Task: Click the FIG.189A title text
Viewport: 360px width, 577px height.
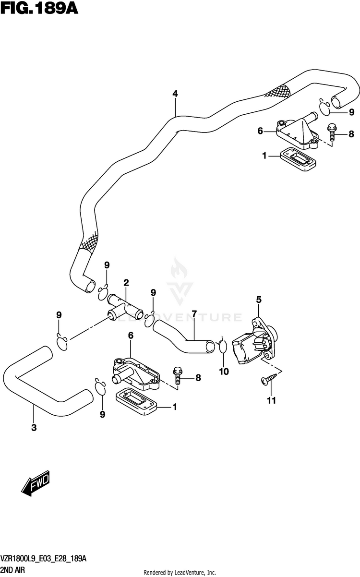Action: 39,9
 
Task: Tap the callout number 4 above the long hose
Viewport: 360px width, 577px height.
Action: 175,94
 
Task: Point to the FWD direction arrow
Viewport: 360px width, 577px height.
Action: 35,483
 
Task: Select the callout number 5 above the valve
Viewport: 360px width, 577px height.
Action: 259,300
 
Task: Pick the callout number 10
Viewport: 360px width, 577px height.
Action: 224,372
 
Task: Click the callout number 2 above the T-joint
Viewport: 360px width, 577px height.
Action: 126,283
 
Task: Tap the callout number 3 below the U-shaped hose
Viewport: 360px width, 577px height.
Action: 34,428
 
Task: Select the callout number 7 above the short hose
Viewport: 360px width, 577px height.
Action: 194,314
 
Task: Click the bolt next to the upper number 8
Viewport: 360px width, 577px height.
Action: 332,132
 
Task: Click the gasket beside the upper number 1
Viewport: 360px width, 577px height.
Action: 298,159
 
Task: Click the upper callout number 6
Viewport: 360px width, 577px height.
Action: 260,131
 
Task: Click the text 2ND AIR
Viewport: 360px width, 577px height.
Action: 12,570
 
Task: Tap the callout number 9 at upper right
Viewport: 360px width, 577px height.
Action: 351,112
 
